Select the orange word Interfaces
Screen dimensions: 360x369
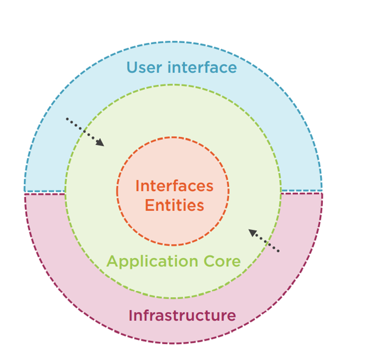coord(174,186)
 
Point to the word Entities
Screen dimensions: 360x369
coord(174,205)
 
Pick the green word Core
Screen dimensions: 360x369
coord(223,261)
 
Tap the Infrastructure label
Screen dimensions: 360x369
coord(182,316)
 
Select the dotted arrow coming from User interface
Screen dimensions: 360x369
coord(85,132)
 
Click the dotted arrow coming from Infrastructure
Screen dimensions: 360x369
coord(264,241)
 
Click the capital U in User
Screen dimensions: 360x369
coord(132,68)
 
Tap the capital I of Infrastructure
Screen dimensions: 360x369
coord(130,316)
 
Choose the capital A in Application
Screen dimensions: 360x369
coord(112,261)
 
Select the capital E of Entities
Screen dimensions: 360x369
coord(149,205)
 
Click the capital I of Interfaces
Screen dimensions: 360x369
coord(138,186)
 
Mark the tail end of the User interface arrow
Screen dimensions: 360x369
coord(67,118)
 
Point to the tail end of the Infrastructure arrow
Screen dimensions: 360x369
coord(279,251)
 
